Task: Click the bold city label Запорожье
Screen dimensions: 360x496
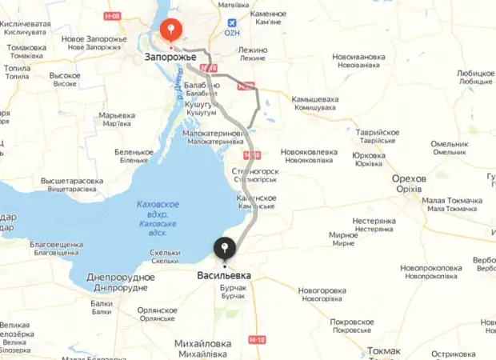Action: coord(171,58)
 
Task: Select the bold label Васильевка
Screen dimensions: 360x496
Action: coord(224,275)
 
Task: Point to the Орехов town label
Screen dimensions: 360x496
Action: coord(409,178)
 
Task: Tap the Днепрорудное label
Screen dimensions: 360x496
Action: coord(120,277)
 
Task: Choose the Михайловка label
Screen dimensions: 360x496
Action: coord(203,343)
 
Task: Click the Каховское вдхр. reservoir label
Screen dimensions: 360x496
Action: coord(158,205)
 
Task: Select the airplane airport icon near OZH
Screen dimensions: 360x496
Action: coord(232,23)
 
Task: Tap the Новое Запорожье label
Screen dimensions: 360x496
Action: coord(94,39)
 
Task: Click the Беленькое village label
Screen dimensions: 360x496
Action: coord(134,152)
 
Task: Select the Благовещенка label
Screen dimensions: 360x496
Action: coord(56,244)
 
